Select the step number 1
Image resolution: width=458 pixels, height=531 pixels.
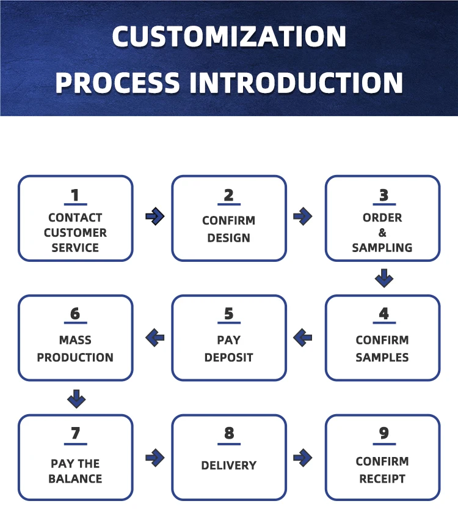75,195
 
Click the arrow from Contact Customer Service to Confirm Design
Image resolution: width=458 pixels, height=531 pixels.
155,216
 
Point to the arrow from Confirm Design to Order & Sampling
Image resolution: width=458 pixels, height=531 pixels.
303,216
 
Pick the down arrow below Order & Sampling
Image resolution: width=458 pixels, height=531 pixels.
384,278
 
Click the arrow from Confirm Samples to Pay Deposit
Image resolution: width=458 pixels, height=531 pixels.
303,336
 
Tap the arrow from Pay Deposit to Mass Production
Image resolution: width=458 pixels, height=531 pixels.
155,336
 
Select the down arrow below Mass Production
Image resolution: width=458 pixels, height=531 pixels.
76,399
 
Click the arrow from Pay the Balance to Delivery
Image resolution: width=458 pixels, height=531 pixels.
155,457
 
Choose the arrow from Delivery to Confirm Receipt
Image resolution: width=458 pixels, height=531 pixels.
303,457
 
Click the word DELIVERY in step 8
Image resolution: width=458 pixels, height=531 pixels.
229,466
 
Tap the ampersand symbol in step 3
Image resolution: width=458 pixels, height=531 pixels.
383,232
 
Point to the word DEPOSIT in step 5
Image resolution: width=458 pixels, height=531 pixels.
229,357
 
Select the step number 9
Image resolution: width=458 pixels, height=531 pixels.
383,433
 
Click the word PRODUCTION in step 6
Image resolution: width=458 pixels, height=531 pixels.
75,357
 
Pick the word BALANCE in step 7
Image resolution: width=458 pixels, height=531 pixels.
75,478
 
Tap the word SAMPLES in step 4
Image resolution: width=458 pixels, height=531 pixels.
383,357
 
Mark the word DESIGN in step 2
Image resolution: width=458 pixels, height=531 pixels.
229,238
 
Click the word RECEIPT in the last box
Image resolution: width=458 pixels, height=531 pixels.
383,478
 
